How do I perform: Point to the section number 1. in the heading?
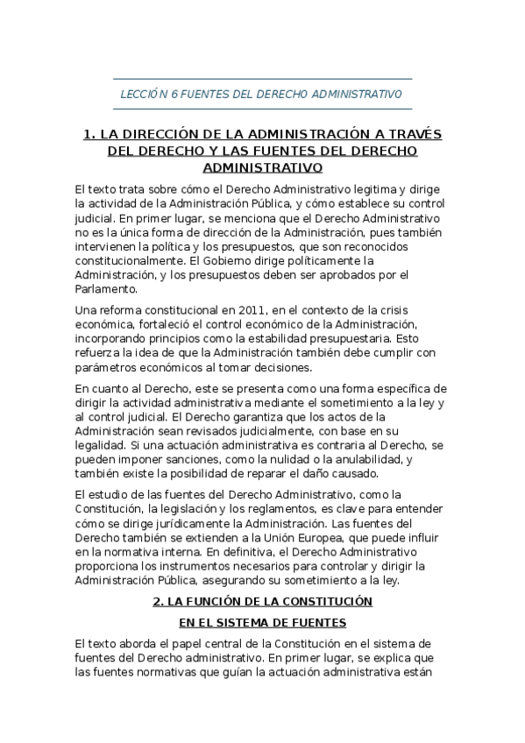click(x=88, y=135)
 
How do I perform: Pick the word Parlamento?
click(x=106, y=288)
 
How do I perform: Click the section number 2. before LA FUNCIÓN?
click(x=158, y=602)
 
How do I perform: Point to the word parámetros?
click(x=108, y=367)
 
